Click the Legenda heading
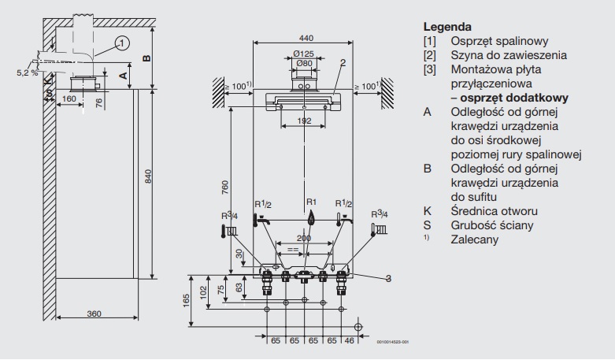coord(447,26)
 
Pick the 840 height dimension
coord(148,178)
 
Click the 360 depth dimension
coord(94,314)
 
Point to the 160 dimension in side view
coord(69,99)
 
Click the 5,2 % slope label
coord(26,72)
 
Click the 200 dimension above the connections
coord(304,237)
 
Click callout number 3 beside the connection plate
coord(388,277)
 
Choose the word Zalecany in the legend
coord(475,239)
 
